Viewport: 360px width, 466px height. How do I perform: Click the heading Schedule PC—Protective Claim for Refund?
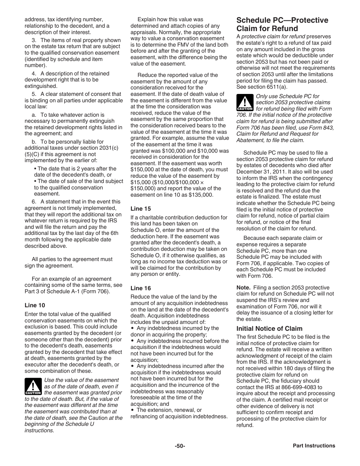(282, 24)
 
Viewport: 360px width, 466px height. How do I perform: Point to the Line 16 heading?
(141, 288)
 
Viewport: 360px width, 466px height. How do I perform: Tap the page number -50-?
(180, 446)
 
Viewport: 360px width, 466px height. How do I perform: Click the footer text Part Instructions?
(314, 446)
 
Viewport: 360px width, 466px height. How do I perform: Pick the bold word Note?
(243, 288)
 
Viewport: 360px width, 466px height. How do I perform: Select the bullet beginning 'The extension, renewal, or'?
(169, 410)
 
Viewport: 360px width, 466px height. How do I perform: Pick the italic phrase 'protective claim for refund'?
(273, 37)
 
